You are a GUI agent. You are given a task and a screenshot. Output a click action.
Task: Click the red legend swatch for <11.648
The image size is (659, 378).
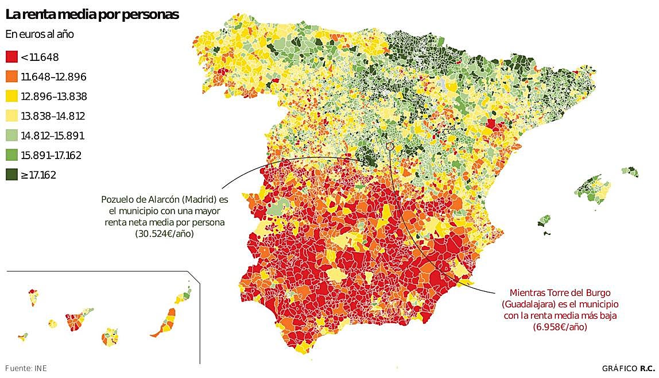click(11, 57)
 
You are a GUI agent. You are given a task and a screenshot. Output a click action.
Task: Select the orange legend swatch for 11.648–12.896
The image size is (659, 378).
click(11, 76)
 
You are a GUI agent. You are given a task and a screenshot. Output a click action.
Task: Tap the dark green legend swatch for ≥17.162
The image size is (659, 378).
click(11, 175)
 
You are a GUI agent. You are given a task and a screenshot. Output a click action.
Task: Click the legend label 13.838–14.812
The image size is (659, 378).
click(53, 116)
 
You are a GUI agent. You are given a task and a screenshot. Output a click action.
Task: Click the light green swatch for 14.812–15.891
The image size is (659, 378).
click(11, 136)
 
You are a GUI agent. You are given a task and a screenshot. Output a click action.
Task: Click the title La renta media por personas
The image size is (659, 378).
click(92, 14)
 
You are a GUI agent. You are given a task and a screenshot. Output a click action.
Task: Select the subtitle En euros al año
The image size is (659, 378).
click(40, 34)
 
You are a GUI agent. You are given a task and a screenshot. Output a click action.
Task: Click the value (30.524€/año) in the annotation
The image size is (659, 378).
click(164, 233)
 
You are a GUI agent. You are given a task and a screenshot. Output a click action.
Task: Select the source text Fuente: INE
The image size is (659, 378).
click(25, 368)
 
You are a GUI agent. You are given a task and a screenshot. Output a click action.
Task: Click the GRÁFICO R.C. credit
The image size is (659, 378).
click(628, 368)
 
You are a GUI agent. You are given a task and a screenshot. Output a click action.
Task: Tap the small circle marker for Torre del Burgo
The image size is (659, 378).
click(390, 146)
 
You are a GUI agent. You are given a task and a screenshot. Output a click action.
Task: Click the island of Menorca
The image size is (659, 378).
click(630, 171)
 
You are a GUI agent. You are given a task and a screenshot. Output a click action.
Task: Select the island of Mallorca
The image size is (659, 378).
click(591, 188)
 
